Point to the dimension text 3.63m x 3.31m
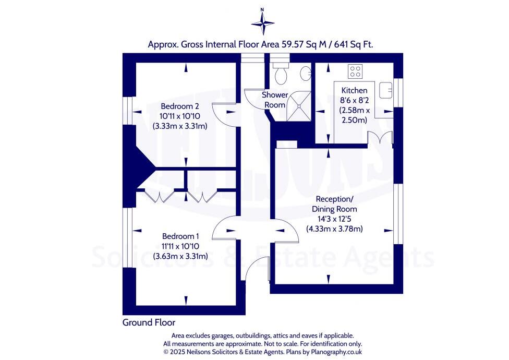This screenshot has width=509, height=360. click(x=180, y=256)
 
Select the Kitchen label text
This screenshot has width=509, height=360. click(x=355, y=91)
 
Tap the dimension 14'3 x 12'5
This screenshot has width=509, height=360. click(x=334, y=219)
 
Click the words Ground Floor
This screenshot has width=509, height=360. click(x=149, y=322)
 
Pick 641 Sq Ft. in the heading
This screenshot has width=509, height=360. click(x=355, y=45)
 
